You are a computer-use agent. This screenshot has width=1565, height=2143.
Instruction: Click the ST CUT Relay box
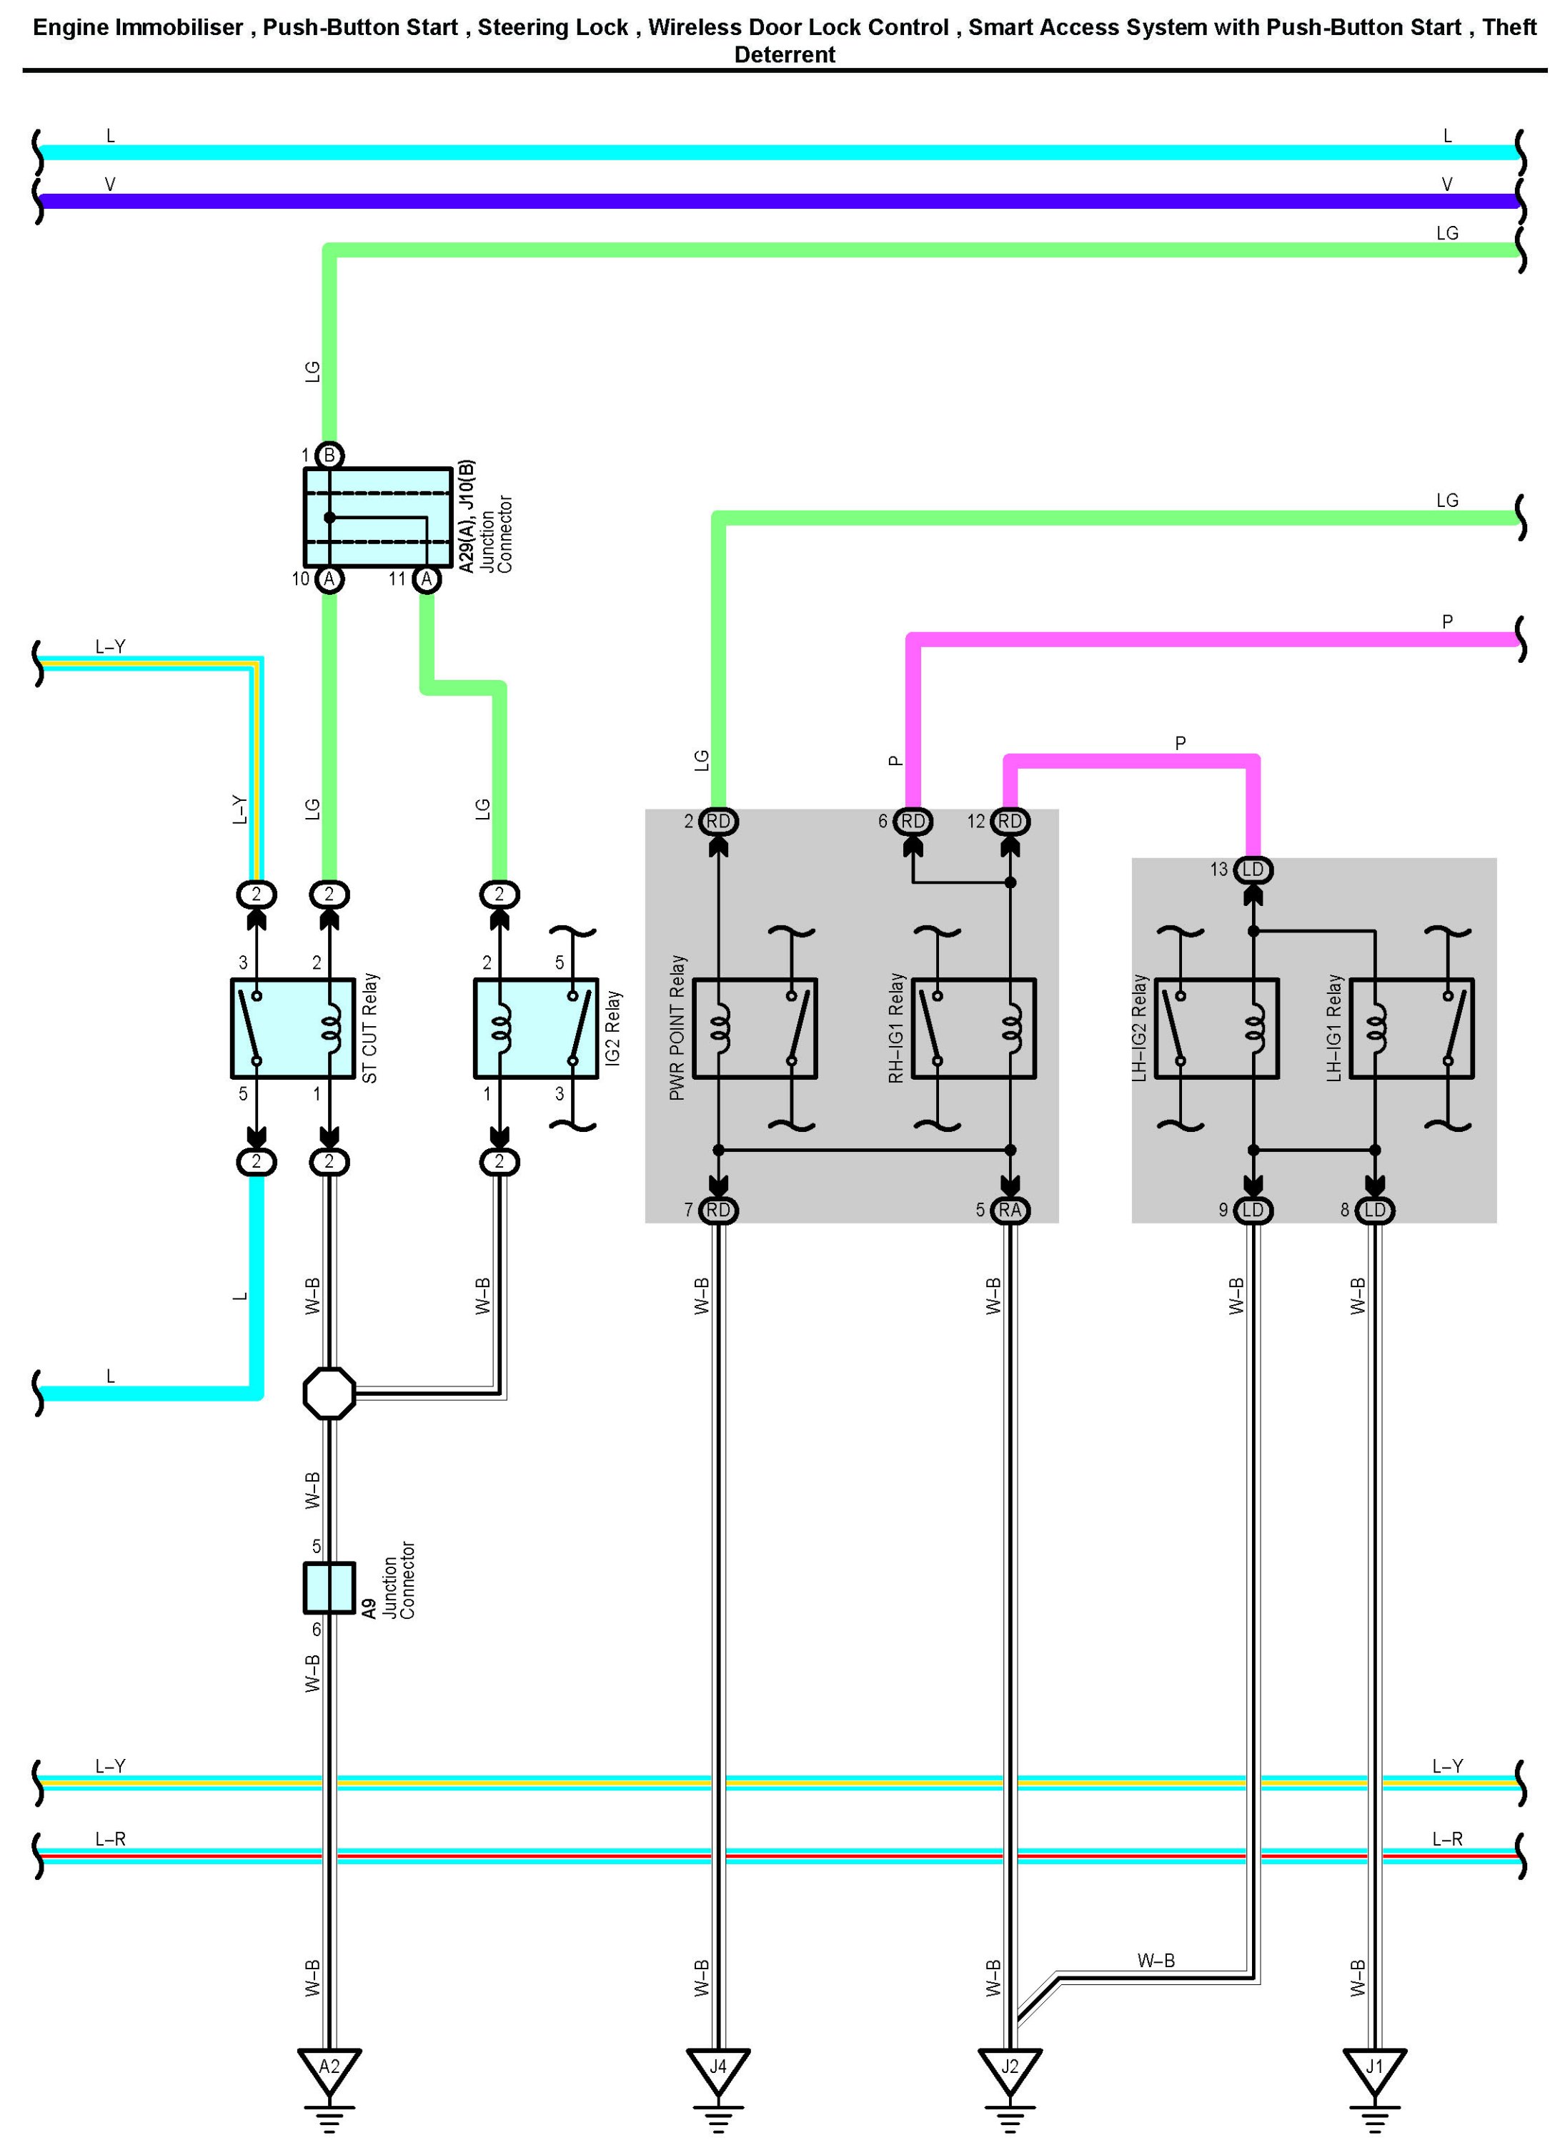(293, 1028)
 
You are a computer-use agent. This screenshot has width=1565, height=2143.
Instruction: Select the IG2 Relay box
(536, 1028)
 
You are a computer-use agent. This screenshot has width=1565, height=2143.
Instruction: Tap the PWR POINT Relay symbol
(755, 1028)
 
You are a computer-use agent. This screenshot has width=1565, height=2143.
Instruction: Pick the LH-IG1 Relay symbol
(1411, 1028)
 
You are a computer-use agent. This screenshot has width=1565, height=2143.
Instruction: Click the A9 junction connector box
(329, 1587)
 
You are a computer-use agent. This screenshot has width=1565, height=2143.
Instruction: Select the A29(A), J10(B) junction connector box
(377, 518)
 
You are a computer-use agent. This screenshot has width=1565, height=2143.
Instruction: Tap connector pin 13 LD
(1253, 869)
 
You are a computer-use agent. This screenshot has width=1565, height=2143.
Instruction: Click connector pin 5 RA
(1010, 1211)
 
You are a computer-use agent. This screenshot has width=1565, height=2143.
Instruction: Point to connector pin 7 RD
(718, 1211)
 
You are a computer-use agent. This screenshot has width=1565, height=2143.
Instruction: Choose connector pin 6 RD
(913, 821)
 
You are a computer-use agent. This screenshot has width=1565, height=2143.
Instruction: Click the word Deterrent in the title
(785, 55)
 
